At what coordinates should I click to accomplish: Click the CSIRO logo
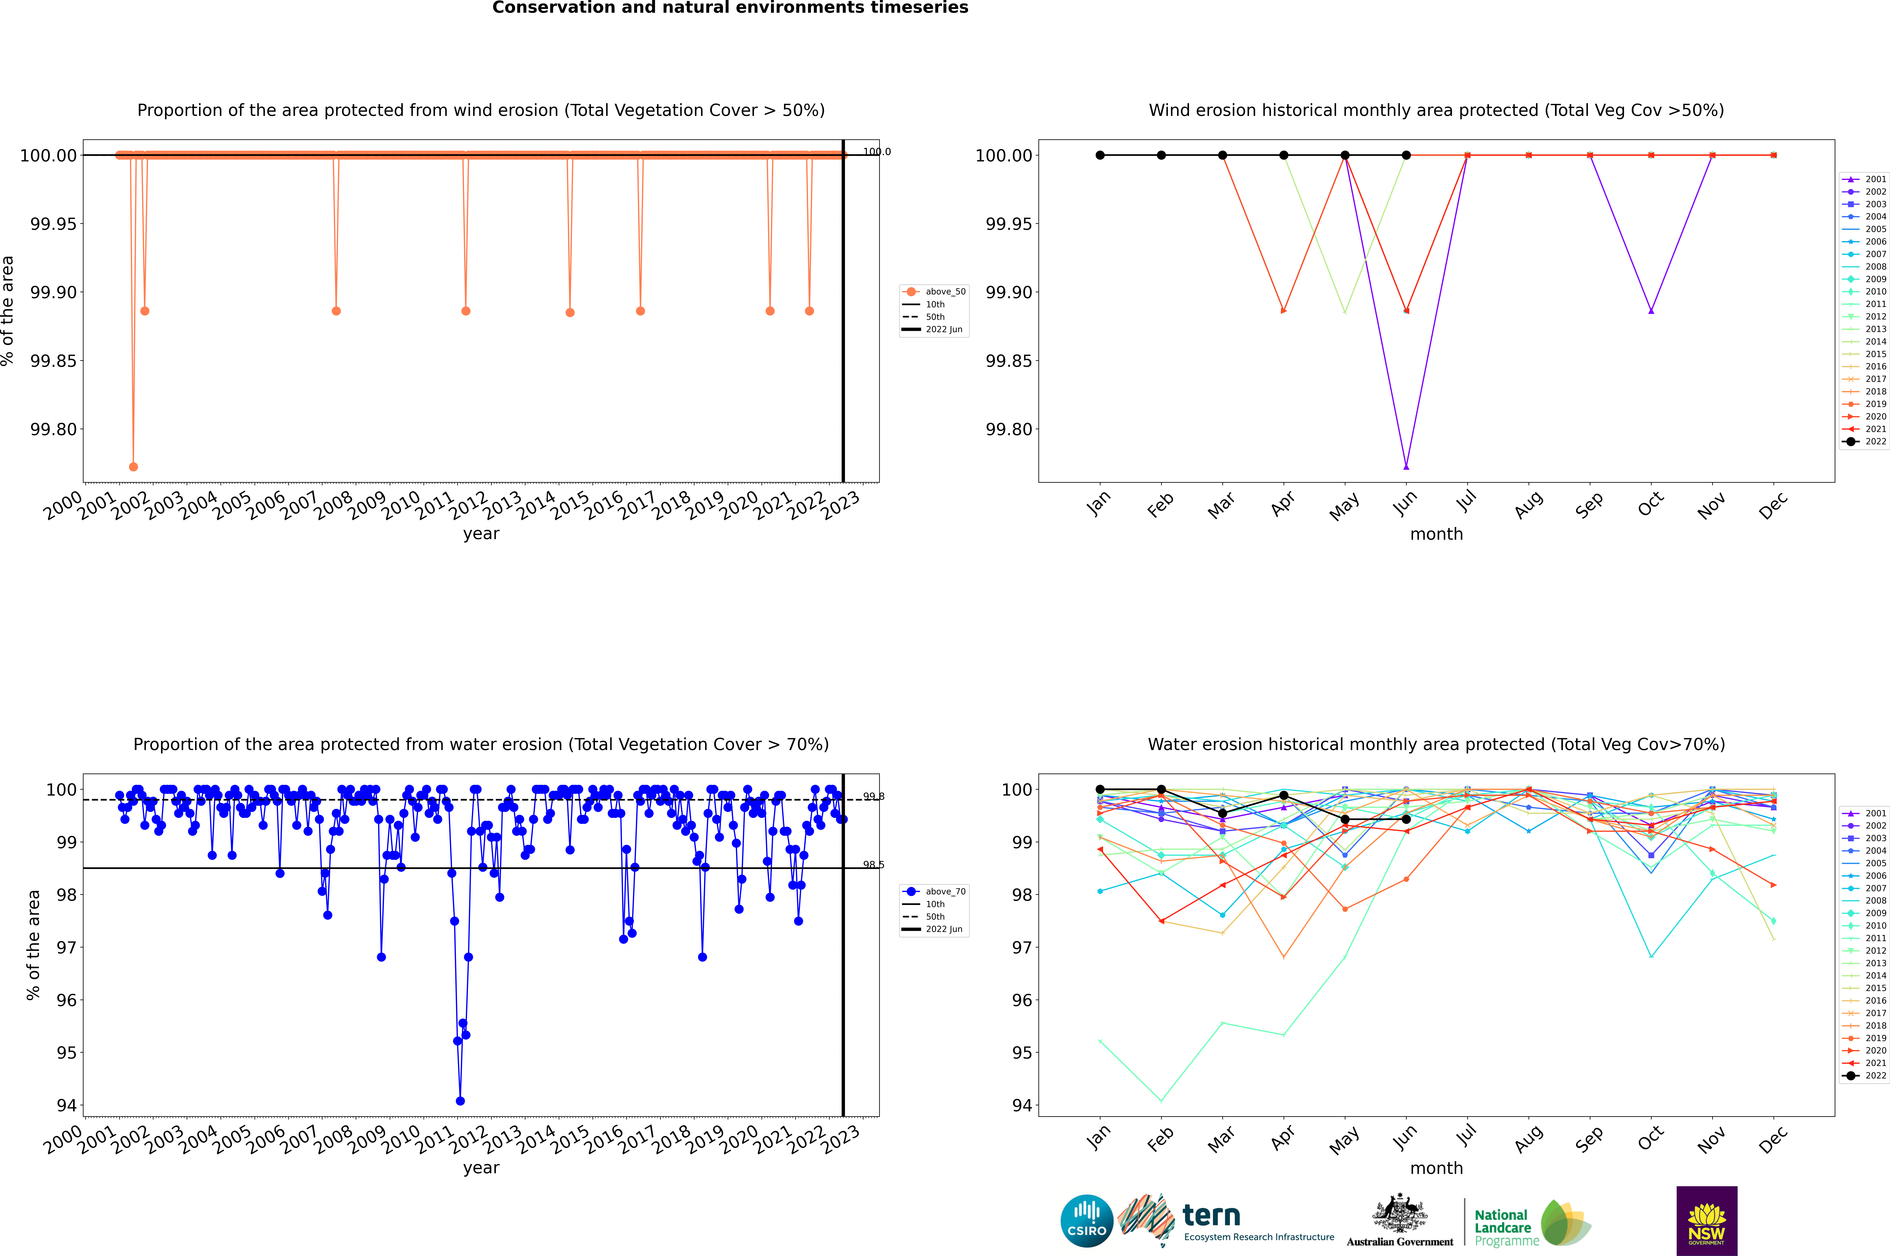point(1086,1221)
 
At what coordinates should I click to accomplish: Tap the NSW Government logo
point(1706,1221)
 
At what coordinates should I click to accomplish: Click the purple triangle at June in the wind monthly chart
point(1406,466)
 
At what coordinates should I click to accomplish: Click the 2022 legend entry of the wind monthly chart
point(1867,441)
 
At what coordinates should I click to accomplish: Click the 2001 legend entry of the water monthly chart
point(1867,813)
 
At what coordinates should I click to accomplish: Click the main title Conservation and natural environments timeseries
point(730,8)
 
